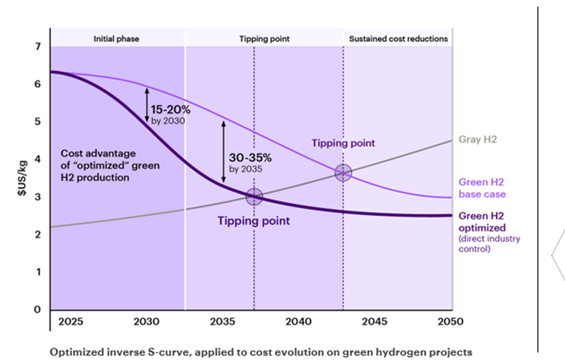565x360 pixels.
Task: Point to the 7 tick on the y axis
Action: click(36, 47)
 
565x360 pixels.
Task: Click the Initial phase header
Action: click(116, 38)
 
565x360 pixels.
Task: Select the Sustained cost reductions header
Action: click(398, 38)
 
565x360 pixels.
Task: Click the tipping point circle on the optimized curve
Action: click(254, 197)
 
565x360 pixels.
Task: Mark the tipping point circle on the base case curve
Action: click(343, 173)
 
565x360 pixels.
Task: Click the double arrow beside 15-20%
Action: click(146, 105)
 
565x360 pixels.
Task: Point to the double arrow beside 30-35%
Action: click(223, 153)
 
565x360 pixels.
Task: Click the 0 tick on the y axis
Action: click(36, 310)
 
